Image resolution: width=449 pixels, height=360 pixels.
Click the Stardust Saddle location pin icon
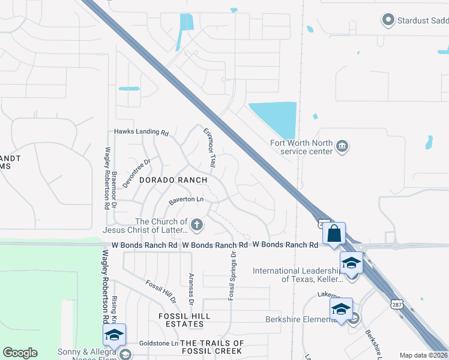click(x=388, y=20)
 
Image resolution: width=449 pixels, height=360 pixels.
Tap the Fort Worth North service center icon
click(x=342, y=146)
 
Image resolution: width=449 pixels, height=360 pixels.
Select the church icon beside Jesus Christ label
click(x=197, y=225)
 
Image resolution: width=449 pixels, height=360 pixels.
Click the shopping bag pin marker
click(x=334, y=233)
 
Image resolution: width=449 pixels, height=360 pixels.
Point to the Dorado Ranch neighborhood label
click(x=173, y=180)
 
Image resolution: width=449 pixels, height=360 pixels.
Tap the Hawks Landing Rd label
click(x=142, y=132)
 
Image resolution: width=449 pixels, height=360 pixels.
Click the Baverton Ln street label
click(x=186, y=199)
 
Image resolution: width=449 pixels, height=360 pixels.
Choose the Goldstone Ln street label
click(x=158, y=343)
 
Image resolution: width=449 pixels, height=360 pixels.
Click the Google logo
click(x=20, y=353)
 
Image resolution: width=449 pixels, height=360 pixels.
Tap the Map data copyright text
click(x=423, y=355)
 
